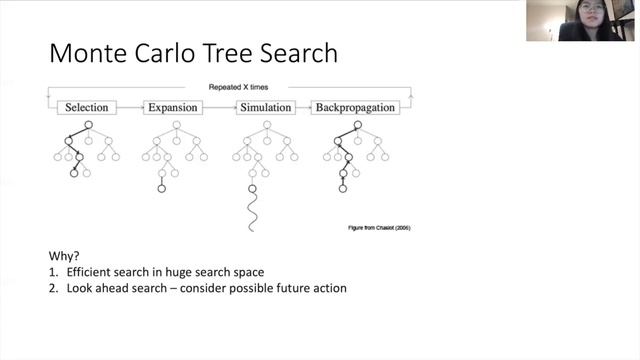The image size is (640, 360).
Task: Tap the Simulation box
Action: (265, 107)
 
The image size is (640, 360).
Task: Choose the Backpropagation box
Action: (355, 107)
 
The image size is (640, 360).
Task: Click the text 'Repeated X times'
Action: (238, 88)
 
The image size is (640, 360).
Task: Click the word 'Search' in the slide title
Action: (300, 51)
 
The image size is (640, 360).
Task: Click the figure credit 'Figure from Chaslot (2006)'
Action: (373, 228)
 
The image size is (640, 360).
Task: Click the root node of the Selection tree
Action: (88, 124)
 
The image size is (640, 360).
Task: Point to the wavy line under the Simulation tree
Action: (252, 212)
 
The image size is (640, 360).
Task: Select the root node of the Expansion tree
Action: (175, 124)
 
